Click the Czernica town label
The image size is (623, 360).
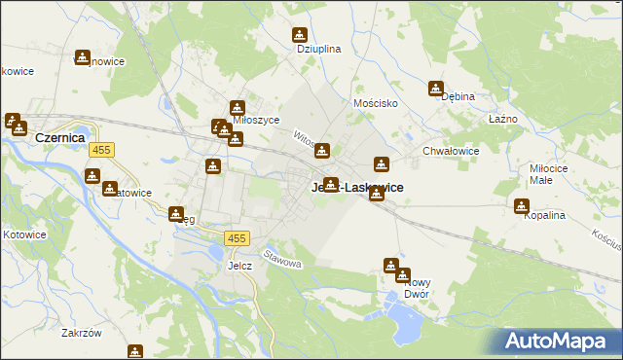pos(61,138)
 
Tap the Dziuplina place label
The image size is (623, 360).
pos(318,50)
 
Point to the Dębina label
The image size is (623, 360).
pos(458,96)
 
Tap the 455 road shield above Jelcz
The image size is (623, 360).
pos(237,238)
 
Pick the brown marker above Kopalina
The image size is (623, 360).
pos(522,206)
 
